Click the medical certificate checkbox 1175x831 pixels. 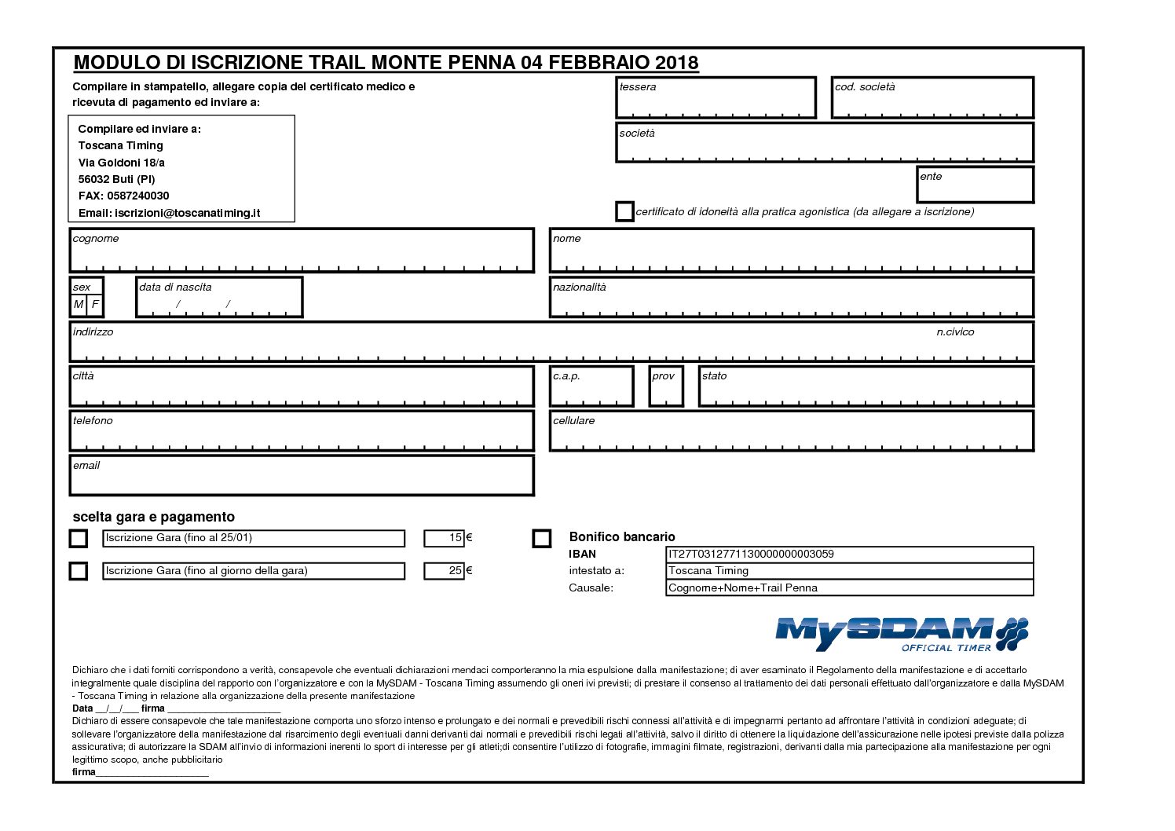(x=624, y=212)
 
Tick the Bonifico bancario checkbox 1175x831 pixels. (x=542, y=538)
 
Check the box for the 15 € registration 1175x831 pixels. (x=79, y=538)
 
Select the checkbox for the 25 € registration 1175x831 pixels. (x=79, y=571)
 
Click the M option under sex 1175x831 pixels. (x=79, y=304)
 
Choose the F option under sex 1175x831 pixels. (x=95, y=304)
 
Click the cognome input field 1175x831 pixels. (x=302, y=251)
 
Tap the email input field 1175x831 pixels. (x=302, y=477)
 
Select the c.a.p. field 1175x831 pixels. (x=591, y=386)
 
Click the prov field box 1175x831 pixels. (x=666, y=386)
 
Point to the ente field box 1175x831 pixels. (x=976, y=185)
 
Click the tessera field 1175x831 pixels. (x=716, y=98)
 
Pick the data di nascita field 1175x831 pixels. (x=219, y=298)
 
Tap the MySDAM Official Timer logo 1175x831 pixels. (x=901, y=634)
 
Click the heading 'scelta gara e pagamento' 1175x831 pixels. (x=154, y=517)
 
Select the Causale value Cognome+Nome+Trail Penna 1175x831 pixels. (x=743, y=588)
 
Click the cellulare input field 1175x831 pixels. (x=791, y=432)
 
